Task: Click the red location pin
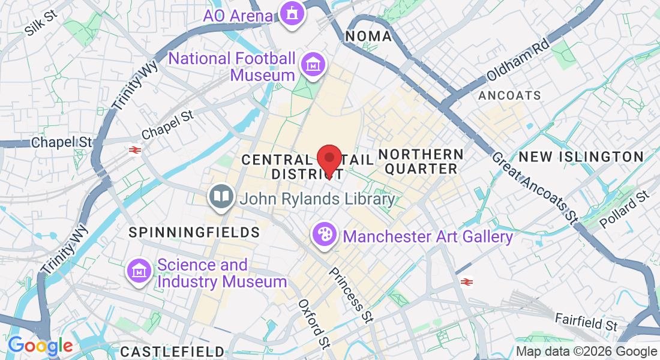click(x=329, y=160)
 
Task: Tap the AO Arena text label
click(x=238, y=15)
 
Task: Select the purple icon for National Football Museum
click(x=313, y=65)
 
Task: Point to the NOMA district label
click(x=368, y=36)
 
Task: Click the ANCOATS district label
click(x=509, y=95)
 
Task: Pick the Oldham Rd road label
click(x=518, y=60)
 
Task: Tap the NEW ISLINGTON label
click(x=581, y=157)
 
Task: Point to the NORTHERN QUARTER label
click(x=421, y=161)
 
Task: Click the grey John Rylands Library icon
click(x=221, y=197)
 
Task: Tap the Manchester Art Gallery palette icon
click(x=324, y=234)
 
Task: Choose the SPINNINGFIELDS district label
click(x=194, y=232)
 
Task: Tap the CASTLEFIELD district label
click(x=172, y=351)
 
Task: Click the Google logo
click(x=40, y=346)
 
